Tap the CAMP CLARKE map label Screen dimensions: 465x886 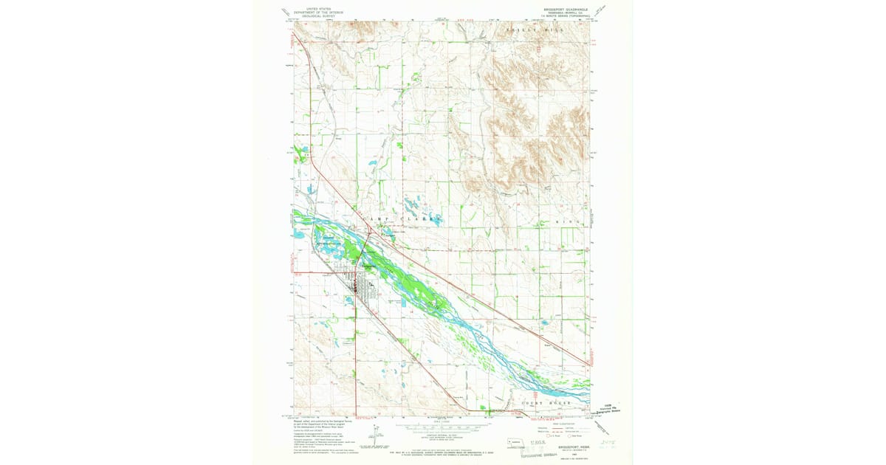402,219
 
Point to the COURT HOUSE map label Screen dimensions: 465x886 546,403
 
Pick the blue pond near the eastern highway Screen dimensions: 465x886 545,323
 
